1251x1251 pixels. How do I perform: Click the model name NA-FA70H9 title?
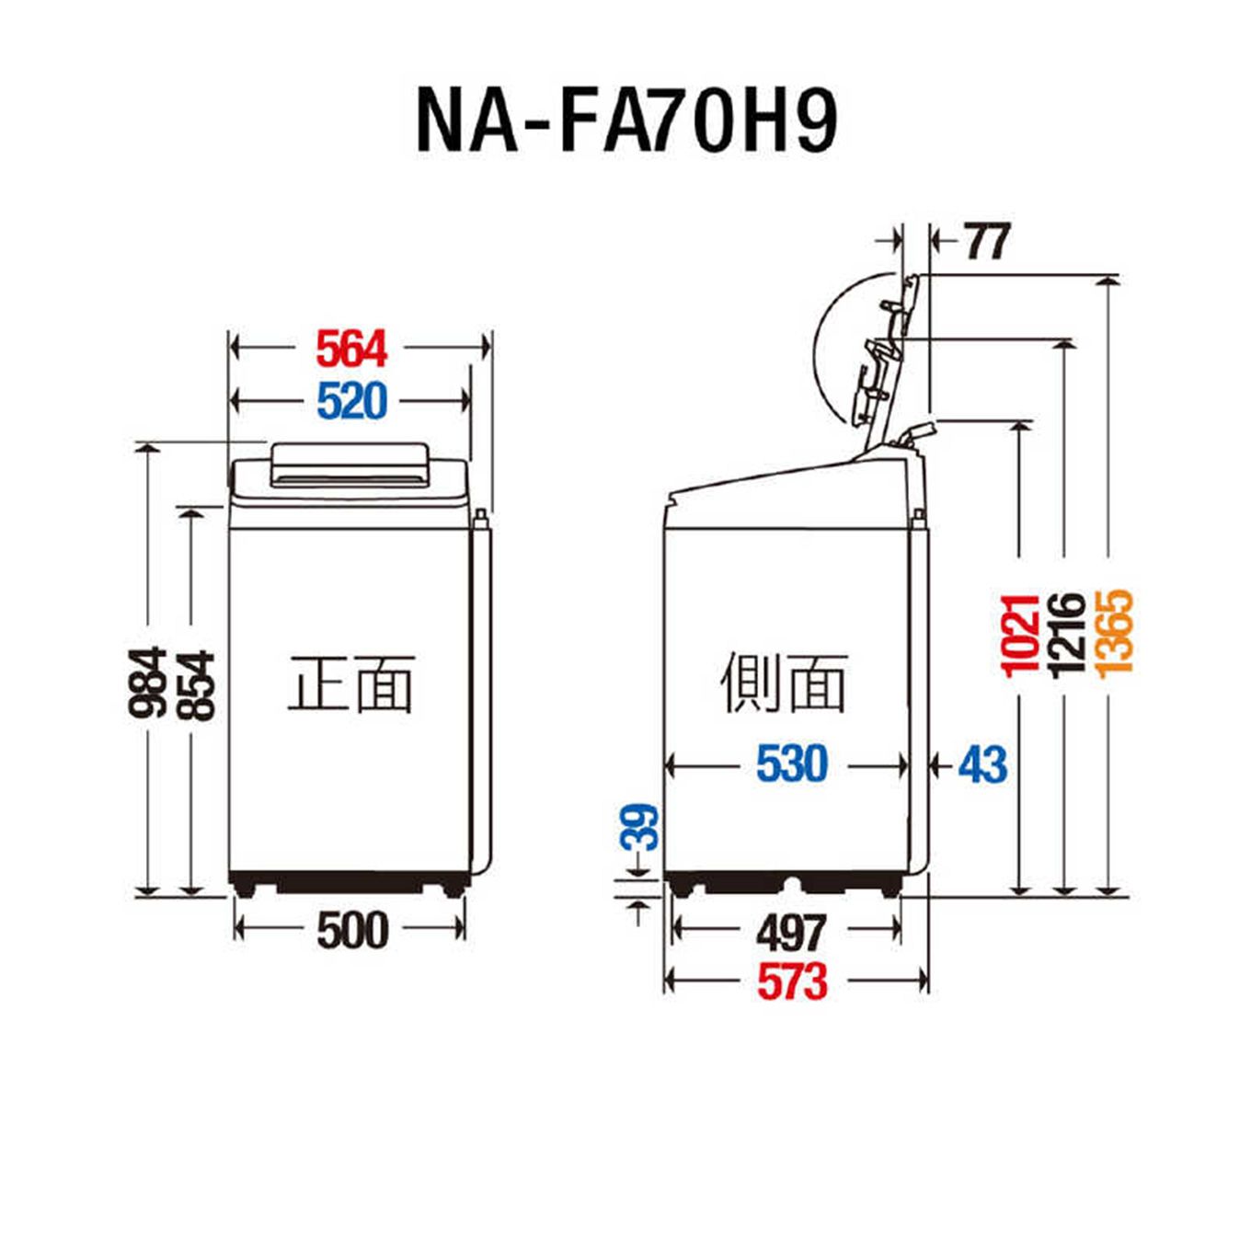coord(626,121)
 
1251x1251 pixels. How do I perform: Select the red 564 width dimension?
coord(351,349)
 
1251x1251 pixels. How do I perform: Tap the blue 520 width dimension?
coord(351,401)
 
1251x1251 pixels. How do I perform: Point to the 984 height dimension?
coord(147,682)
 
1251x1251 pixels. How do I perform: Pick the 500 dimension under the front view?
coord(352,930)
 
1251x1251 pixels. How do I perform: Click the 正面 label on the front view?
coord(350,684)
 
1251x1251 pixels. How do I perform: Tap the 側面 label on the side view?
coord(783,684)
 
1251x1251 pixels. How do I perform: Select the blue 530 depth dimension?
coord(792,764)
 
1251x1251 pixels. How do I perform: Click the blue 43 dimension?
coord(982,764)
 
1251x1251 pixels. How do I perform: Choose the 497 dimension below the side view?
coord(791,933)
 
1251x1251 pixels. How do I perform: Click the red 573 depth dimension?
coord(792,981)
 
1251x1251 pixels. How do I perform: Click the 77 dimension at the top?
coord(987,242)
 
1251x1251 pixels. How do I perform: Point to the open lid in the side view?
coord(888,359)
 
